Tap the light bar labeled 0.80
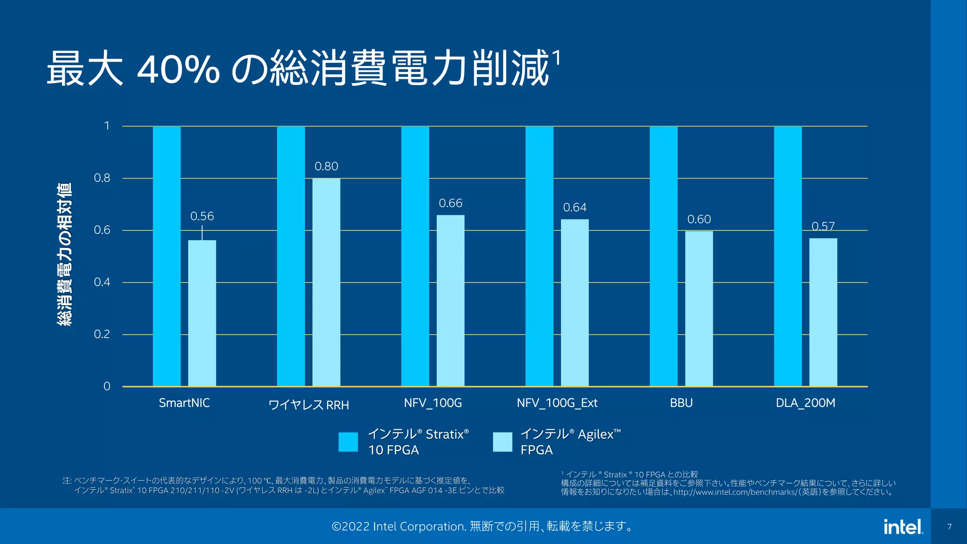point(326,282)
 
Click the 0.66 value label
point(450,204)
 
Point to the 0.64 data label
point(575,208)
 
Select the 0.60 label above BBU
point(699,220)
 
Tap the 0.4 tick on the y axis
point(102,282)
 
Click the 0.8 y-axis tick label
point(102,178)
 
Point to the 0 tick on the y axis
point(107,386)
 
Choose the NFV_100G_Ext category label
point(557,403)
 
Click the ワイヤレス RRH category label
point(308,405)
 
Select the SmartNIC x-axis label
point(184,403)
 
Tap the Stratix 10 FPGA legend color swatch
point(348,442)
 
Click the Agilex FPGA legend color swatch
point(502,442)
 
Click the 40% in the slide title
point(178,69)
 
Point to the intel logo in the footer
point(903,527)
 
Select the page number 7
point(949,527)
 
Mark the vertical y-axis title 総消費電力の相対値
point(65,254)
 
